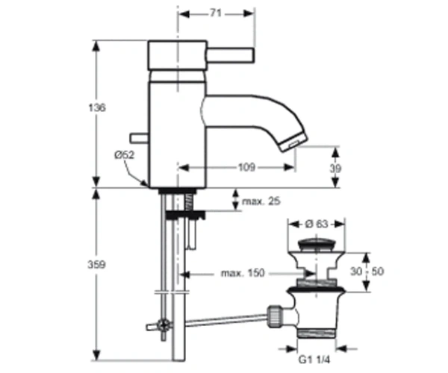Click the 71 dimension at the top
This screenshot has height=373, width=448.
(216, 13)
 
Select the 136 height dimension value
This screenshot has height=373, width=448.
(97, 107)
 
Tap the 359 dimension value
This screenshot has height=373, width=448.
(96, 265)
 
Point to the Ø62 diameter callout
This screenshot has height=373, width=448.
(124, 155)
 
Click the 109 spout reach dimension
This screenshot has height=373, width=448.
(246, 167)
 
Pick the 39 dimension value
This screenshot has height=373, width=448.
(335, 169)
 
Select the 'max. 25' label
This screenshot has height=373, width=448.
(261, 201)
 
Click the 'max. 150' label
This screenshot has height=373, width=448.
(243, 273)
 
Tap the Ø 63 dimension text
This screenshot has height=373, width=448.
(317, 224)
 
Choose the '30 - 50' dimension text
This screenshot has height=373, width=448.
(367, 271)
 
